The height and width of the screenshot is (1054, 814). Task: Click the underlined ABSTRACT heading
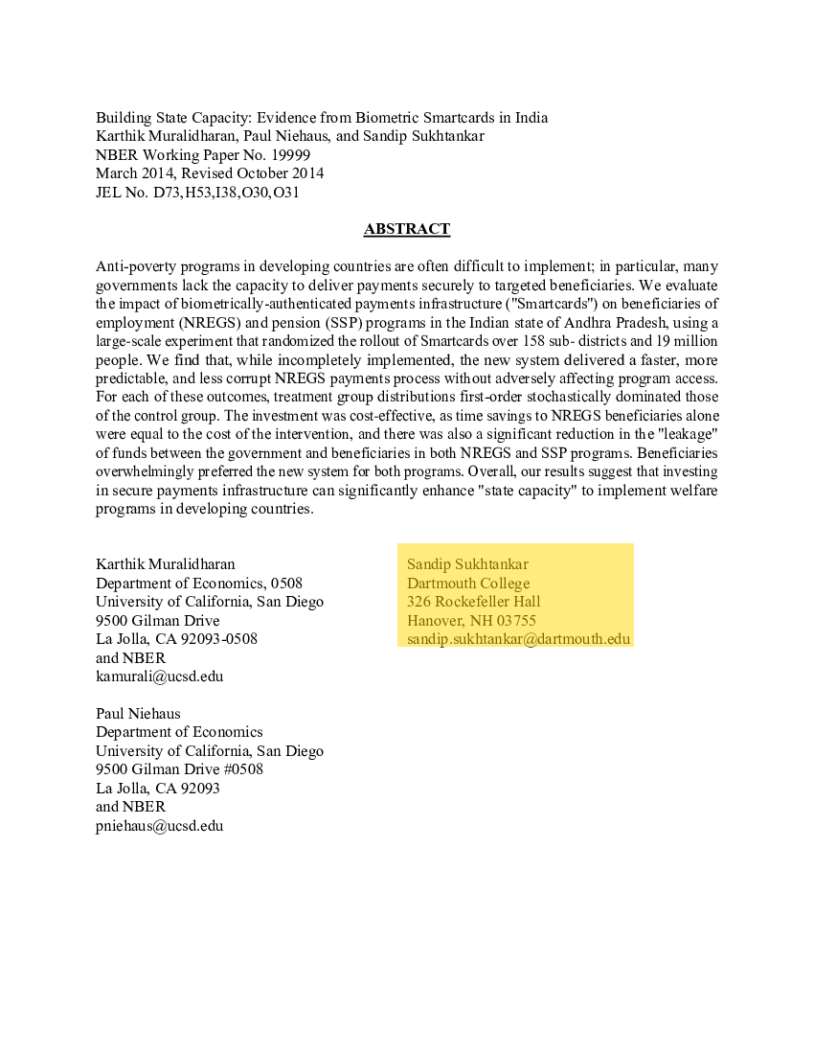tap(406, 229)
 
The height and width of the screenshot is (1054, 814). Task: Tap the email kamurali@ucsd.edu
tap(159, 676)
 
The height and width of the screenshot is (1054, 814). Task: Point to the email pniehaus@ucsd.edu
tap(159, 825)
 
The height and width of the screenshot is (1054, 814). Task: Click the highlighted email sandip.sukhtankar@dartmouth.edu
tap(518, 639)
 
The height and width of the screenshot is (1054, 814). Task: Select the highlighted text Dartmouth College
tap(468, 584)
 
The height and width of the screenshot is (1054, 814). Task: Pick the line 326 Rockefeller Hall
tap(473, 602)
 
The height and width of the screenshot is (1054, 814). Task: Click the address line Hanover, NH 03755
tap(471, 621)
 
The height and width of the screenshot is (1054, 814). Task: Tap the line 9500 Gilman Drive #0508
tap(179, 769)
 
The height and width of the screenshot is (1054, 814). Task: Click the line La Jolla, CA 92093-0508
tap(176, 639)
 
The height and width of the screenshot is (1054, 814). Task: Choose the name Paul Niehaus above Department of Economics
tap(138, 714)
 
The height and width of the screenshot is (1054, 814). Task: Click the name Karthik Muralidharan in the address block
tap(165, 564)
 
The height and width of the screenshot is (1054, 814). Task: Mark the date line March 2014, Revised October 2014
tap(210, 173)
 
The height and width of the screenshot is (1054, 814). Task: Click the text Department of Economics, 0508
tap(199, 584)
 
